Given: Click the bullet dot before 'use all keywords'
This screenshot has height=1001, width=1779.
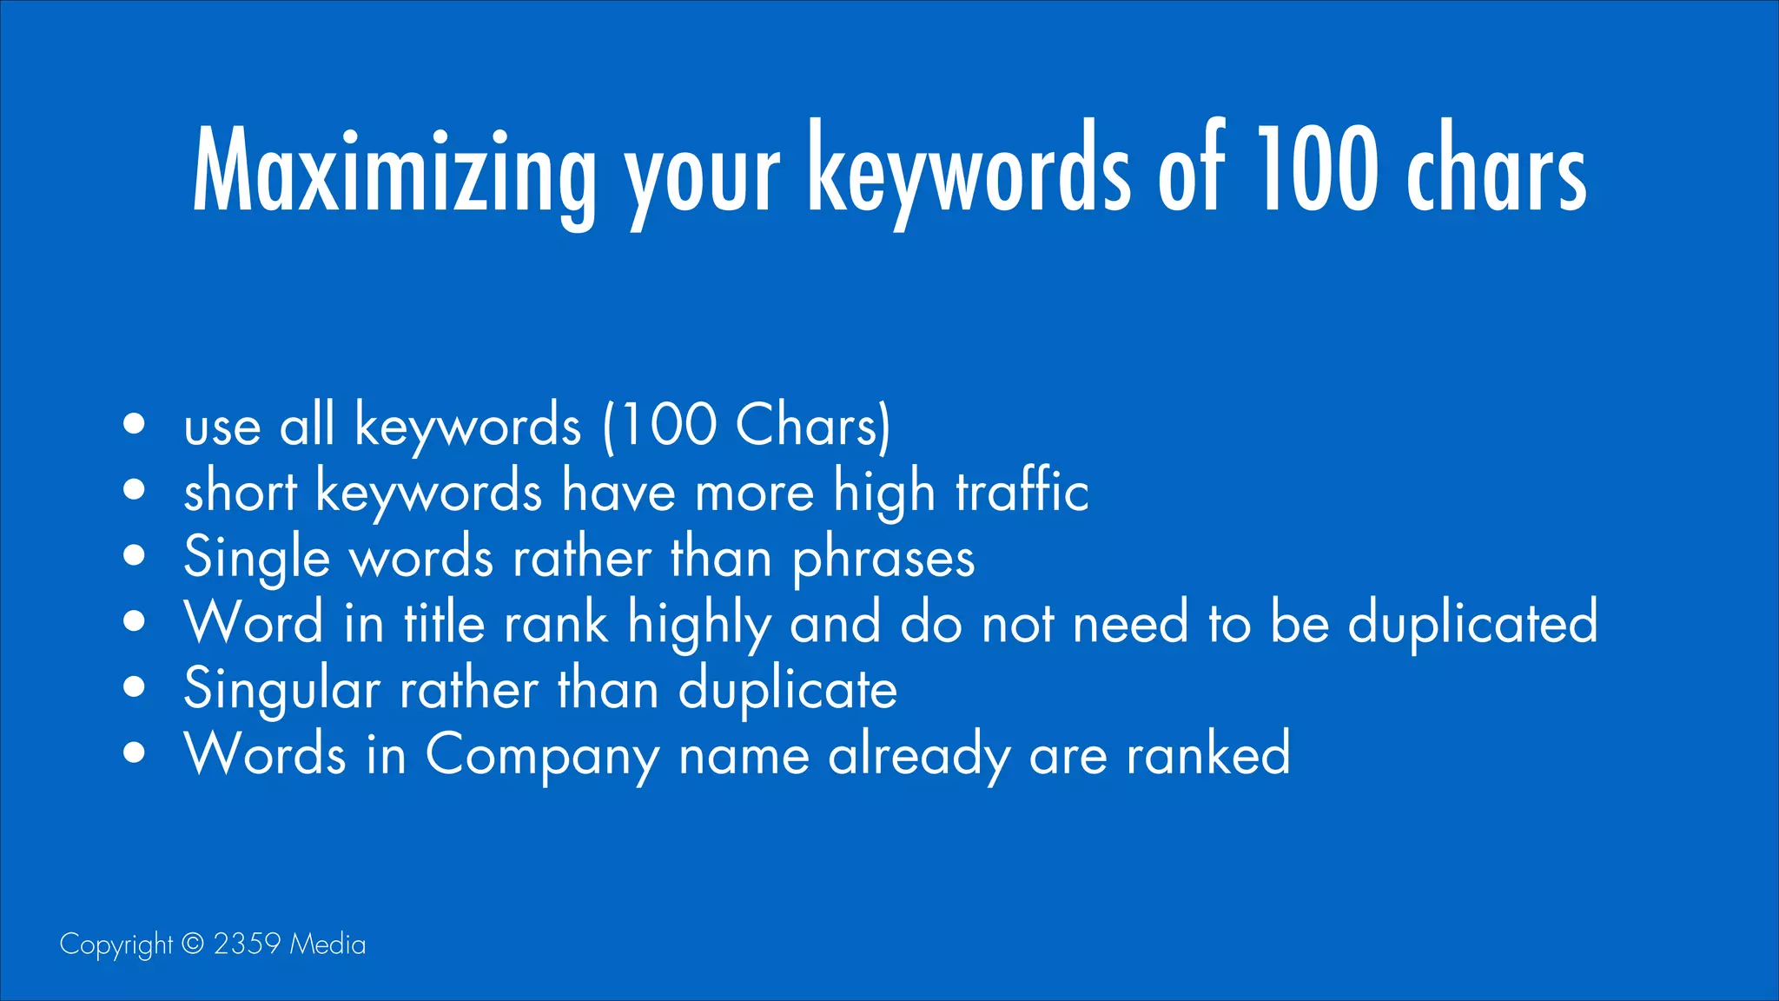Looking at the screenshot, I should point(134,424).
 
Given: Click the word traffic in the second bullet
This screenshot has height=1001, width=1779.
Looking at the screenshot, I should point(1022,491).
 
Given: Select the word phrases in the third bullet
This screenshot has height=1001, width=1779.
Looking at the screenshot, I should point(883,558).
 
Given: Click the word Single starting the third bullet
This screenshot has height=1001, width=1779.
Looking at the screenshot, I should point(257,558).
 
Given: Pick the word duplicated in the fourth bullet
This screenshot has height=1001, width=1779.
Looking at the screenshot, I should point(1472,622).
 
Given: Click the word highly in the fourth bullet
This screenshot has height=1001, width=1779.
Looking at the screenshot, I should point(699,624).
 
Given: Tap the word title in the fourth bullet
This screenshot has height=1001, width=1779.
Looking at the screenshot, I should point(444,622).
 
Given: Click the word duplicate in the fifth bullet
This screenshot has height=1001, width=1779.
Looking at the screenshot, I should point(787,689).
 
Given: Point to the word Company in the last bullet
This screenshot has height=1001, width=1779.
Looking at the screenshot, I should point(542,755).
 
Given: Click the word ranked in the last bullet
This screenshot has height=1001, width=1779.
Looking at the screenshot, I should point(1208,753).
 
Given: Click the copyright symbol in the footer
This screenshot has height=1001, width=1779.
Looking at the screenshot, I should point(193,944).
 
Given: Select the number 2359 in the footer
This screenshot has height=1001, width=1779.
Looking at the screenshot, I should point(247,944).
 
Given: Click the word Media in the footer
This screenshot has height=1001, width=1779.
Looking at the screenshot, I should point(327,944).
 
